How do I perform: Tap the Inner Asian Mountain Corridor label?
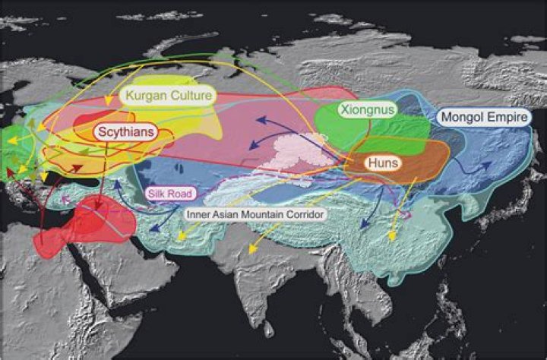[x=256, y=215]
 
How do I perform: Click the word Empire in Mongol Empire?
[x=509, y=118]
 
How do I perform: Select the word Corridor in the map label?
[x=304, y=215]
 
